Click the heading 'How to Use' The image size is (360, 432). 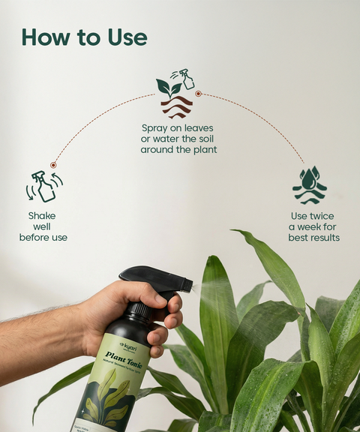84,37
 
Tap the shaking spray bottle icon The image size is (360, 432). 44,187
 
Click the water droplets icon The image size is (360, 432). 309,185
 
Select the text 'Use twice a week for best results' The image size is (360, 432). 313,226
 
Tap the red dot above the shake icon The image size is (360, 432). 53,165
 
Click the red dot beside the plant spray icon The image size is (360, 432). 198,94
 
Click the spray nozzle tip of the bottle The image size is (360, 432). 190,285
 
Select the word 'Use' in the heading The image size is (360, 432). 123,37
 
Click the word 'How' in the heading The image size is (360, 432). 46,37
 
